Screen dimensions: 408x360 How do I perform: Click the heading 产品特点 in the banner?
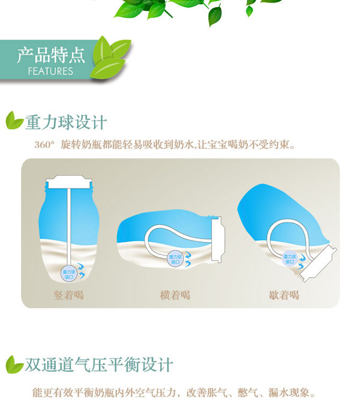pos(50,56)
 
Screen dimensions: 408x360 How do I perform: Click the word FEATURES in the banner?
pos(50,71)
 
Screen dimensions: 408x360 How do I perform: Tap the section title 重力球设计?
pos(66,122)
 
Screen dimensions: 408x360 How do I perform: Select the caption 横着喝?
pos(175,294)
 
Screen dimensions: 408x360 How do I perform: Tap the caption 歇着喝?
pos(284,294)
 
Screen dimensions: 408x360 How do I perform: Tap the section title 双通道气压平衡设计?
pos(99,364)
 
